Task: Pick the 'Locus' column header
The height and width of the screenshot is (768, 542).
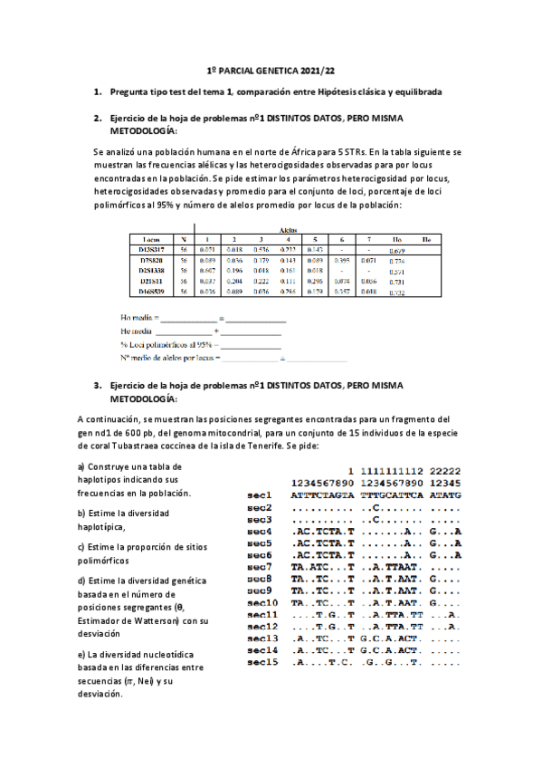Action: pos(146,238)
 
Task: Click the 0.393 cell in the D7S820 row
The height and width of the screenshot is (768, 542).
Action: pos(342,259)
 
